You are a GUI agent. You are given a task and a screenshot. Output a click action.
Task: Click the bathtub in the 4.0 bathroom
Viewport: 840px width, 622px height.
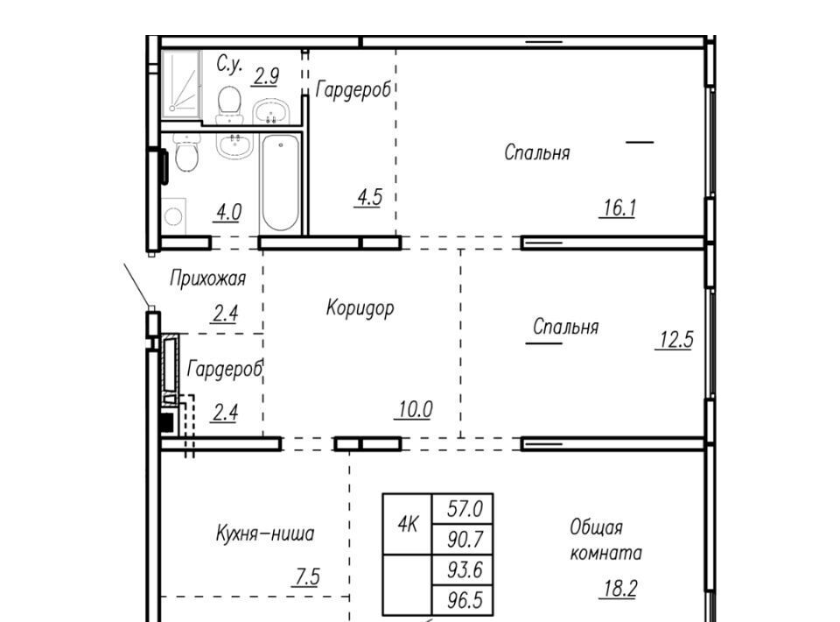click(x=280, y=183)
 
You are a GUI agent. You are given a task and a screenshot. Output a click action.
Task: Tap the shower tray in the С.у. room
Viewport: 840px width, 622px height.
click(x=181, y=84)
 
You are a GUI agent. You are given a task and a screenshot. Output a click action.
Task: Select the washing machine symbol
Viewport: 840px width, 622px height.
click(x=173, y=216)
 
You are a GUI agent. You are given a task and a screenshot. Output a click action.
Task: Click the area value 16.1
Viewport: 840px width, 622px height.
click(x=619, y=208)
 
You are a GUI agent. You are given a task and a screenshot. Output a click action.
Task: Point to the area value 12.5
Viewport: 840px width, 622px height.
click(x=675, y=340)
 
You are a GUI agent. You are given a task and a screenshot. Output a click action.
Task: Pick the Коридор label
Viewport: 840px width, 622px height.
click(x=360, y=308)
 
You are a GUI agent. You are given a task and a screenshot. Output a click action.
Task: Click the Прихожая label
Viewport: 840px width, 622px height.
click(x=208, y=279)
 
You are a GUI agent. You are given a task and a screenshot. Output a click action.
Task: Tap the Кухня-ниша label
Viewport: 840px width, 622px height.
click(x=264, y=534)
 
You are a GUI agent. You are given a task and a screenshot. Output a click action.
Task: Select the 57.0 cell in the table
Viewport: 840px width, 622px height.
click(x=463, y=508)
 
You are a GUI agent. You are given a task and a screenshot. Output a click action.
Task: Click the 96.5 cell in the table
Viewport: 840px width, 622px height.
click(x=463, y=600)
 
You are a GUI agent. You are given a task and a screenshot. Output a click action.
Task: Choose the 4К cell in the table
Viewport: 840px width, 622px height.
click(x=408, y=524)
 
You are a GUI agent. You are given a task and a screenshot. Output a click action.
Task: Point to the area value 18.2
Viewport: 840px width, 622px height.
click(x=619, y=589)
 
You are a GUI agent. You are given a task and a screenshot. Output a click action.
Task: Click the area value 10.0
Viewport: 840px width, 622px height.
click(x=415, y=410)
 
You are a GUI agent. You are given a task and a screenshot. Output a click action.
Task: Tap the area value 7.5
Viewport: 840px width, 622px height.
click(x=307, y=577)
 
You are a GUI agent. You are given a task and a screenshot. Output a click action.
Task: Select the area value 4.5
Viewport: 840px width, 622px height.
click(x=369, y=197)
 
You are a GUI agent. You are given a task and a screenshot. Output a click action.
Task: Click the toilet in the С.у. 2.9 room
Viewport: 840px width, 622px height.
click(x=229, y=105)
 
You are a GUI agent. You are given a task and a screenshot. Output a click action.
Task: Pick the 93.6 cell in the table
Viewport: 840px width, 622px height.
click(x=463, y=570)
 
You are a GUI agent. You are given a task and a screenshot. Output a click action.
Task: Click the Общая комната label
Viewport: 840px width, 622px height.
click(x=605, y=540)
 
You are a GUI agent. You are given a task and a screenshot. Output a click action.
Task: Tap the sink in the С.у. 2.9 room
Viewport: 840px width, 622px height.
click(x=271, y=111)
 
